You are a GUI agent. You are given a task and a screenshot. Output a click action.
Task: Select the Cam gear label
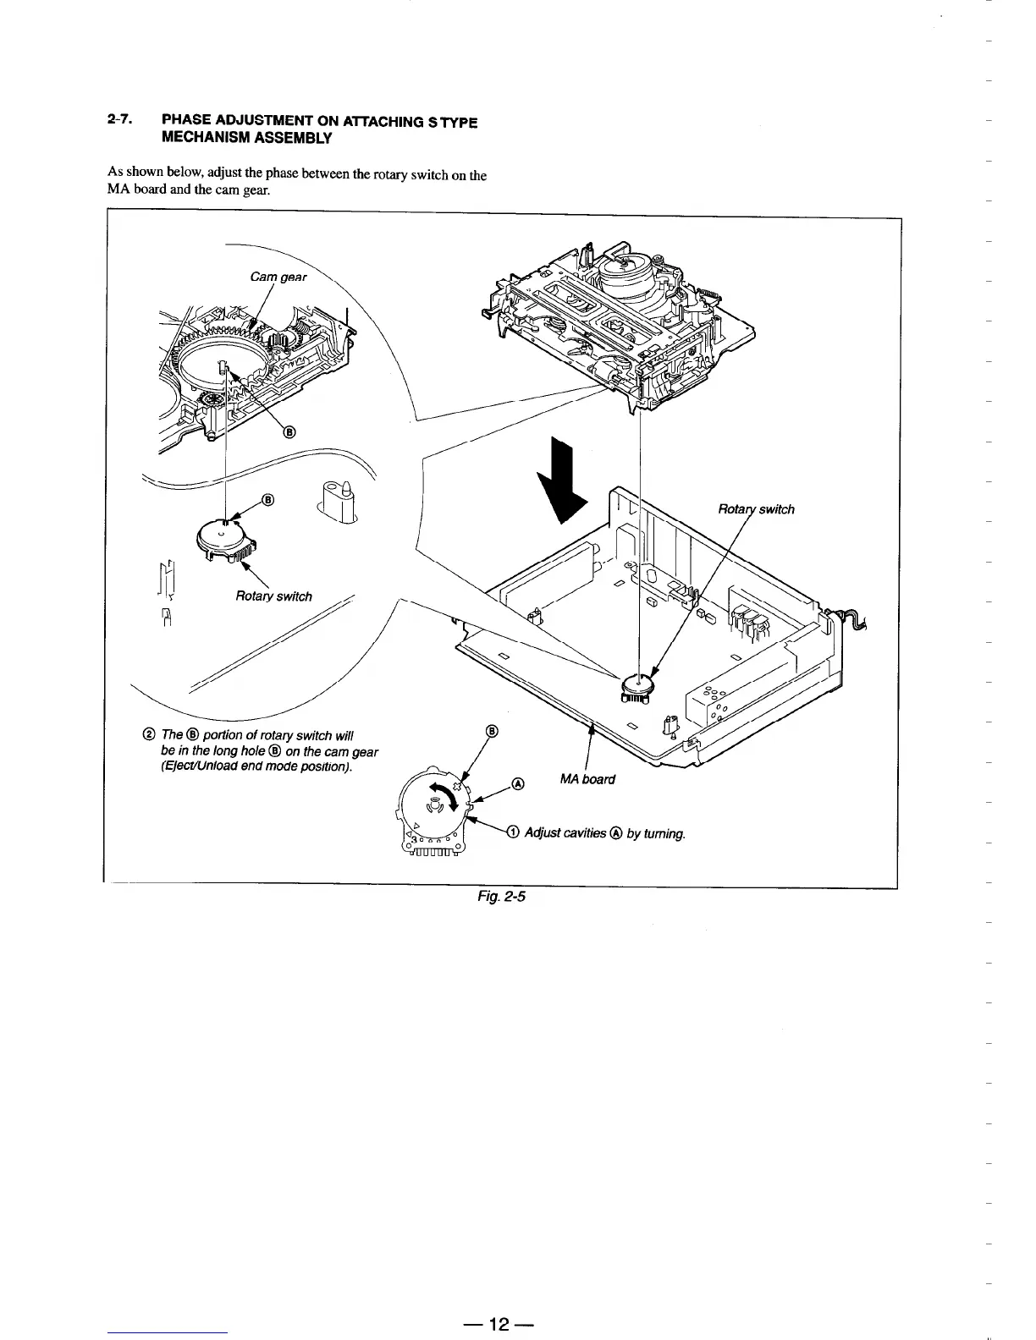278,277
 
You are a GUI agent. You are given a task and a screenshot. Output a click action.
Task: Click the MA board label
587,778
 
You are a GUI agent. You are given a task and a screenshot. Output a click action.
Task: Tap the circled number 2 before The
150,734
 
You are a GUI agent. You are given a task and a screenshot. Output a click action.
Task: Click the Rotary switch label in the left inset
273,596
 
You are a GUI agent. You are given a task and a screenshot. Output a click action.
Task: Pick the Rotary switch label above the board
756,509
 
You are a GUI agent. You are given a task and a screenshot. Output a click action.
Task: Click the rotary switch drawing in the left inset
222,537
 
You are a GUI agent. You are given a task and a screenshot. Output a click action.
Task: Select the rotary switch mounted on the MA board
639,684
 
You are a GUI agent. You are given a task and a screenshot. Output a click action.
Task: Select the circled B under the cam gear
288,432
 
